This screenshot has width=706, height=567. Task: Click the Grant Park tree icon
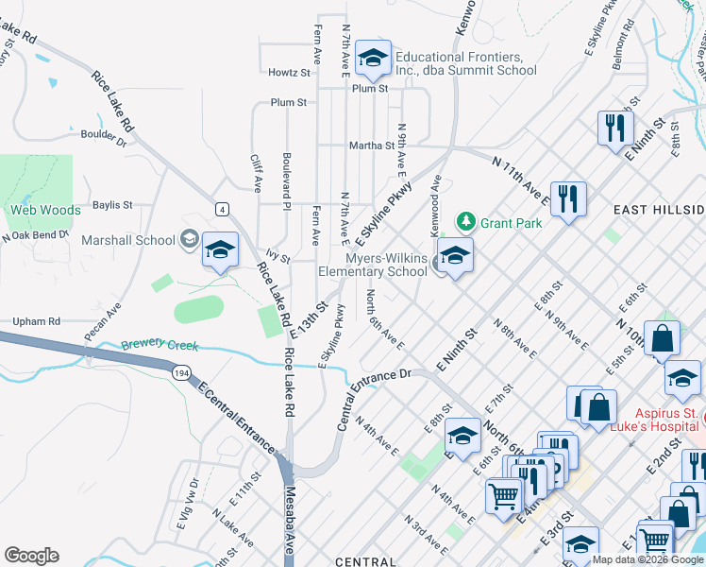tap(465, 223)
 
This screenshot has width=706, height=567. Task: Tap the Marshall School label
tap(128, 240)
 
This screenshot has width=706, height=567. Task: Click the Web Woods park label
tap(44, 210)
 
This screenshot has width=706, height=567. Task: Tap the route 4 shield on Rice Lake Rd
tap(221, 208)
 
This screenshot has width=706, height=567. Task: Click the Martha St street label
tap(371, 146)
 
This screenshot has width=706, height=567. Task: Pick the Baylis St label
tap(112, 204)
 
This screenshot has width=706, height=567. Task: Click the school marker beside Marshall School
tap(220, 250)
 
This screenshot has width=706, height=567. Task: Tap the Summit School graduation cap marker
tap(373, 59)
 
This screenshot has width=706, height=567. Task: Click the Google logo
tap(31, 556)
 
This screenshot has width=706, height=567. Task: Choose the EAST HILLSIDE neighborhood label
tap(659, 209)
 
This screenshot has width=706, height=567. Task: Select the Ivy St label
tap(277, 256)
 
